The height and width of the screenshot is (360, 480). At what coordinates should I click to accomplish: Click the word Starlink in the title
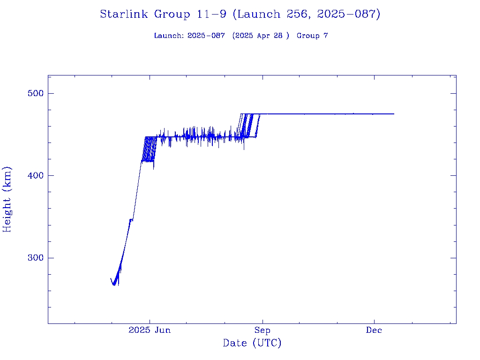(125, 15)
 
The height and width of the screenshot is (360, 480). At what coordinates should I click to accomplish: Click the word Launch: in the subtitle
(169, 36)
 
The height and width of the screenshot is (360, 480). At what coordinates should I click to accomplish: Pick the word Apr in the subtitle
(262, 36)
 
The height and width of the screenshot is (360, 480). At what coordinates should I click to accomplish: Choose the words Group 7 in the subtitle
(312, 36)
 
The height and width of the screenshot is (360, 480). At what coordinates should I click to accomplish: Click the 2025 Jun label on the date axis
(150, 330)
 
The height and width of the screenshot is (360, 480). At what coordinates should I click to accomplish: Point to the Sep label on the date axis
(262, 330)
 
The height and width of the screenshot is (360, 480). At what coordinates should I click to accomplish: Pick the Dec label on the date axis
(374, 330)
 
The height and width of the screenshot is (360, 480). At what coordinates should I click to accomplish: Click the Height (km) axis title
(7, 199)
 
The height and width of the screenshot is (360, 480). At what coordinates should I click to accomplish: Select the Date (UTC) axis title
(252, 343)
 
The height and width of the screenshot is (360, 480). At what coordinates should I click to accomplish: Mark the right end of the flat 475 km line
(394, 114)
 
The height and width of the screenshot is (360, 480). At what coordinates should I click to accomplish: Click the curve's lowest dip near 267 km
(114, 285)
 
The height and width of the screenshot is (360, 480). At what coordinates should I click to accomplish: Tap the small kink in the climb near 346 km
(131, 219)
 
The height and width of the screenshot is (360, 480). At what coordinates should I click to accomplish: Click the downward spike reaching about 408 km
(154, 169)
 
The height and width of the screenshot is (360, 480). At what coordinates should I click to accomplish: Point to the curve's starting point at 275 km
(111, 278)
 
